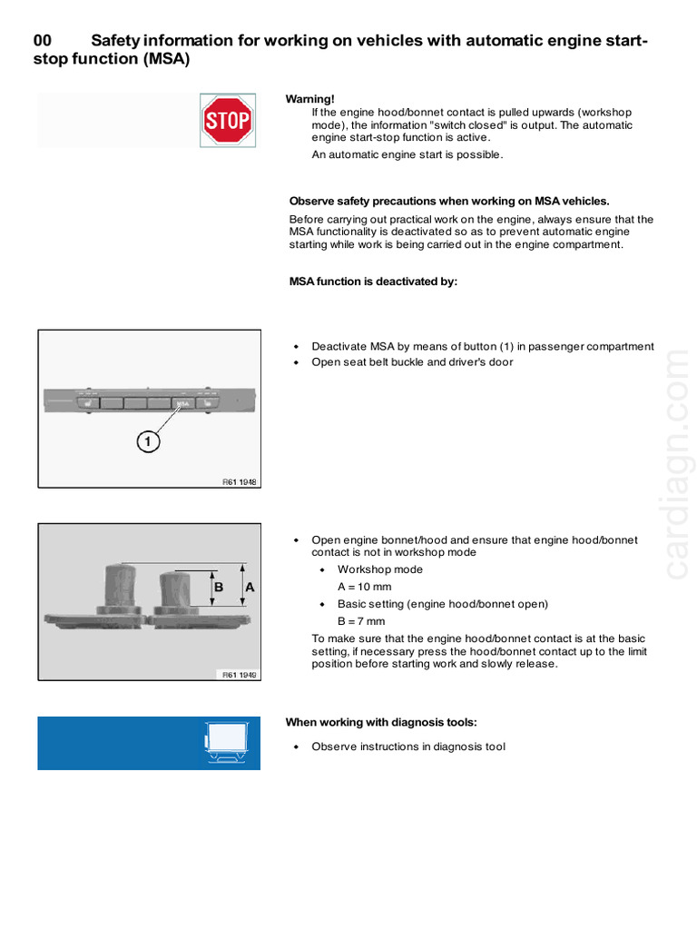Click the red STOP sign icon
pos(226,121)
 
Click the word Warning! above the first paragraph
pos(310,98)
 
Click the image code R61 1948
pos(240,482)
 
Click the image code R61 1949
pos(240,675)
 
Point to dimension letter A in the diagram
pos(250,588)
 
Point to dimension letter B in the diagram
pos(219,588)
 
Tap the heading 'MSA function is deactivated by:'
pos(373,282)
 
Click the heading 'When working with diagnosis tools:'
pos(381,722)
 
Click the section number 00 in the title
pos(43,42)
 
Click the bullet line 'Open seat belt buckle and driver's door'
pos(412,362)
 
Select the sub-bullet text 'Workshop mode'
pos(379,569)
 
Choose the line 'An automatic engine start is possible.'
pos(407,154)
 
